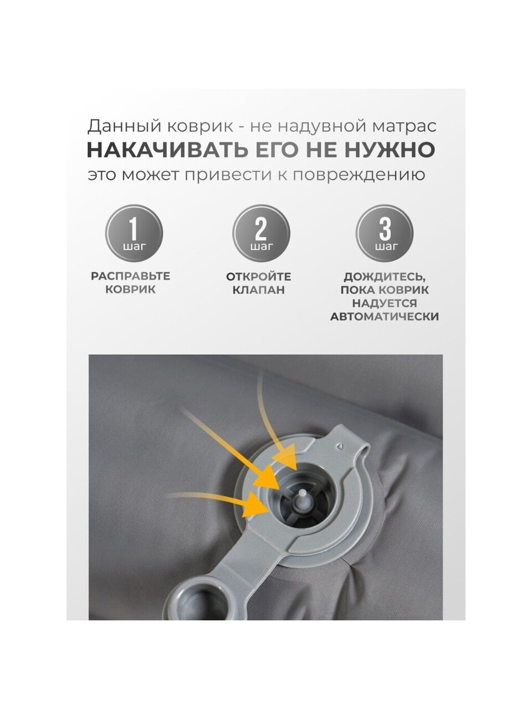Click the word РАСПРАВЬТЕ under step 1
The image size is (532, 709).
(x=130, y=276)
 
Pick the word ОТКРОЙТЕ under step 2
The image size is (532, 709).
(x=258, y=276)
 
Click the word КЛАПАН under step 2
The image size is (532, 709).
(x=258, y=290)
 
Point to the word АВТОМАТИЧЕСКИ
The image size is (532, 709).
(x=385, y=316)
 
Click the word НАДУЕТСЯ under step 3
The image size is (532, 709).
(x=385, y=304)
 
